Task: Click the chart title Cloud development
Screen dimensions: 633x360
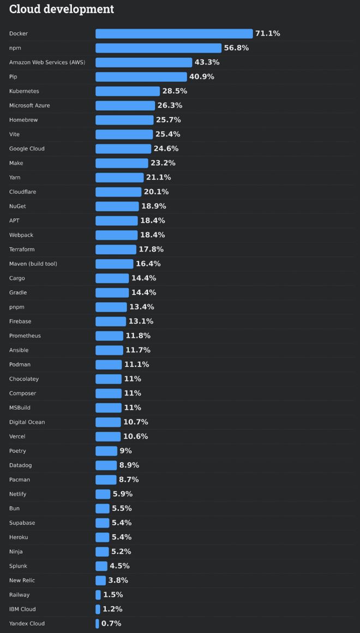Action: (62, 9)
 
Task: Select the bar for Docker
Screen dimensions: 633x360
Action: (174, 34)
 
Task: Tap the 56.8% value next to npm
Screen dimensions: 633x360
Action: (236, 48)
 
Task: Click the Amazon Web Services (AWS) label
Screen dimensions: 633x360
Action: (47, 62)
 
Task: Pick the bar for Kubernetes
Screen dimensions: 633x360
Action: (128, 91)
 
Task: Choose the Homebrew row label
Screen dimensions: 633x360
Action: (23, 120)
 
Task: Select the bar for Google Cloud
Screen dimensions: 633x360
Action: (123, 148)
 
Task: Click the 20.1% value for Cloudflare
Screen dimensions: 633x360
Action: (156, 192)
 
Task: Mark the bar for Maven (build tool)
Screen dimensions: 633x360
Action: (115, 264)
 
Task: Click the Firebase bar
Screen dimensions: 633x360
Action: (111, 321)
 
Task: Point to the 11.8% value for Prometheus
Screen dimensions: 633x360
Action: (138, 336)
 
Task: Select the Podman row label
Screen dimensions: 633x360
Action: (20, 365)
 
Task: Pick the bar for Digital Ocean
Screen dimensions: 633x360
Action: (108, 422)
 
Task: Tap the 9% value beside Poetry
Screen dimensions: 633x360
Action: (125, 451)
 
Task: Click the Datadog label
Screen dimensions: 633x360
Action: (21, 465)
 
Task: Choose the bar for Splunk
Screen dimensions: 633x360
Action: (101, 566)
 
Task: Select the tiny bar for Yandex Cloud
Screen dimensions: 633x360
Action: (97, 624)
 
